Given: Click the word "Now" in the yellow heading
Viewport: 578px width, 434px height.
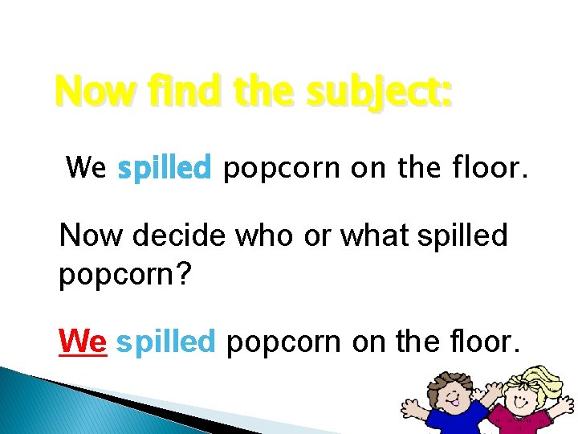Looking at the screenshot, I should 89,91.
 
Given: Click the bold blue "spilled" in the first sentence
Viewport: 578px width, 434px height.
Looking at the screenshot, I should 164,169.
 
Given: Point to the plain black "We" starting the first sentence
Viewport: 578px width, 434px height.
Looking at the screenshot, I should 86,168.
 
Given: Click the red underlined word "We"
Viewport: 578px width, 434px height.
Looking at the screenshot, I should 83,342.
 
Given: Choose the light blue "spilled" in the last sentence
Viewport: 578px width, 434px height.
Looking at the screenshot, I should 165,342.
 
